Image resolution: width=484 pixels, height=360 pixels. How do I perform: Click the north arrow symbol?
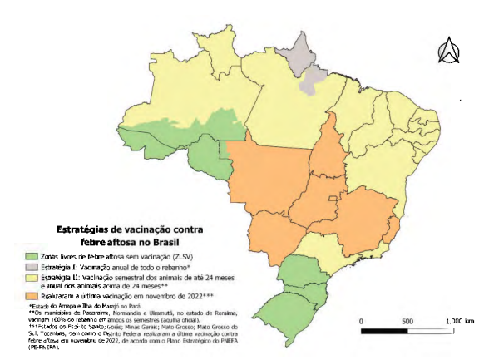[x=448, y=52]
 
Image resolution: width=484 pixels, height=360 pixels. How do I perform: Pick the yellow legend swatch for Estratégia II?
[x=33, y=279]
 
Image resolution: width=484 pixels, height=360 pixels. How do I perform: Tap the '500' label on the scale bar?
[x=407, y=320]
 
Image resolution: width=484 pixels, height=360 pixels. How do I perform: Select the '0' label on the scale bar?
[x=362, y=320]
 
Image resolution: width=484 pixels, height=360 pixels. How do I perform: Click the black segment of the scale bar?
[x=385, y=331]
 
